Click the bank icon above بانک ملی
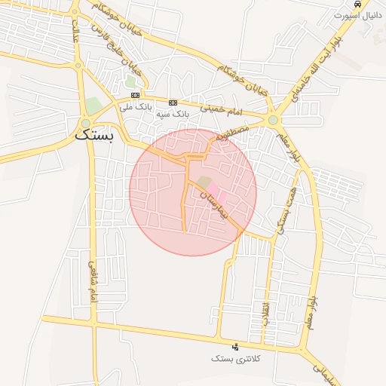[x=135, y=95]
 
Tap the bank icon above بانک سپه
[x=173, y=102]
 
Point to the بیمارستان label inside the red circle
[x=212, y=202]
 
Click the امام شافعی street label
[x=93, y=281]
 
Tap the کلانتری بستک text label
[x=236, y=359]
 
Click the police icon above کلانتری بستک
[x=236, y=347]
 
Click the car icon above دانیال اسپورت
[x=357, y=4]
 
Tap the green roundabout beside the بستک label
[x=86, y=123]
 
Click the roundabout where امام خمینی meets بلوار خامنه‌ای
[x=272, y=119]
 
